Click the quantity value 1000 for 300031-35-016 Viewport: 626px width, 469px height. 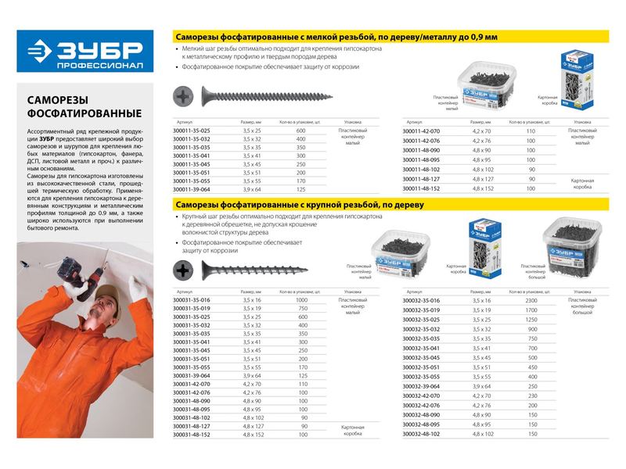click(301, 299)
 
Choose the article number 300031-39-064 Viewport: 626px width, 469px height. click(191, 376)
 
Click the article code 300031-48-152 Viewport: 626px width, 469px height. click(191, 433)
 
